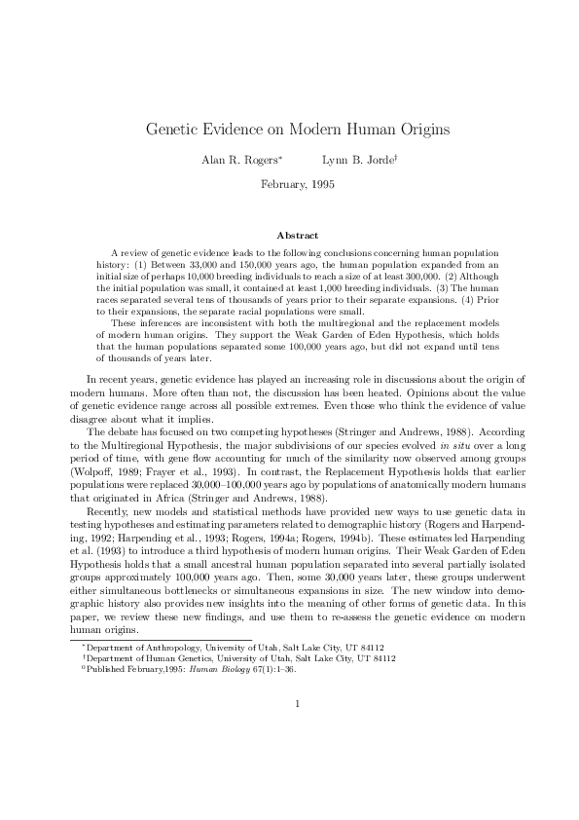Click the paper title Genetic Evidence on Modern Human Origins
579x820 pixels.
click(289, 129)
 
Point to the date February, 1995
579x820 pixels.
click(290, 184)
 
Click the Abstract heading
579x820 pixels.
click(290, 236)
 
